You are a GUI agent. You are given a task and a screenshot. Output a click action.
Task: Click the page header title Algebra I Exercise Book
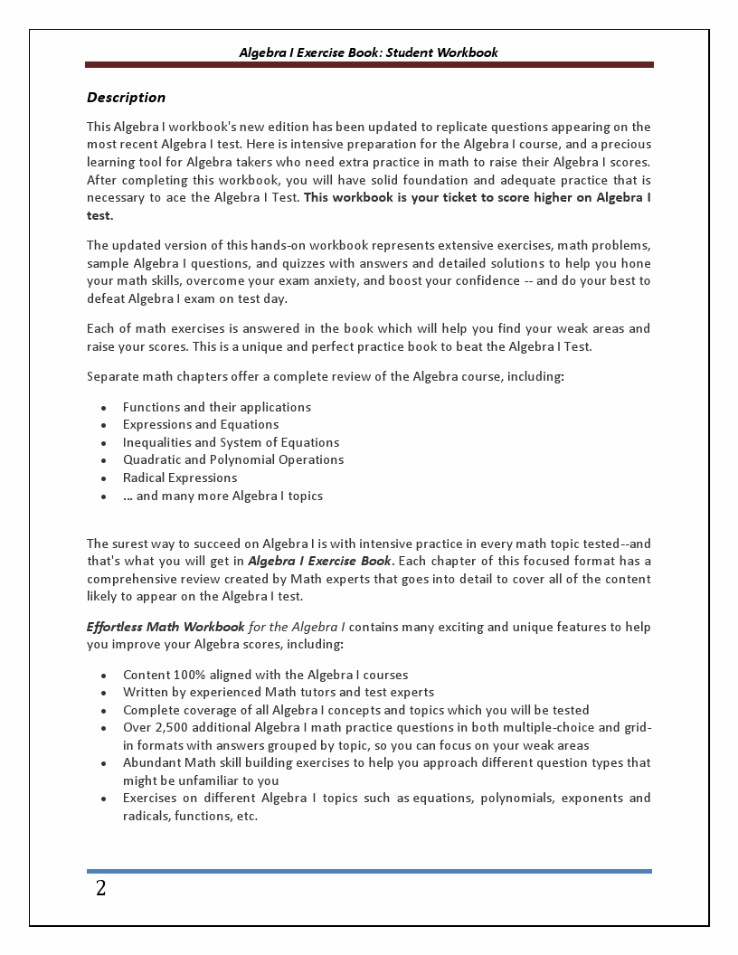pos(368,52)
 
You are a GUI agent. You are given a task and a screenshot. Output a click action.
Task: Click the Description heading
pos(126,98)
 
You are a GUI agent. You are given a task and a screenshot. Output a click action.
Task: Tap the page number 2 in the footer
pos(100,888)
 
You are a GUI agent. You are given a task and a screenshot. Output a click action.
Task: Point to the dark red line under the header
pos(369,65)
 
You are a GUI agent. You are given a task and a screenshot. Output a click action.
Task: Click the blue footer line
pos(369,871)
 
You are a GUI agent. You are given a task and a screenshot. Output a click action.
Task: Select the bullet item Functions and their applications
pos(217,407)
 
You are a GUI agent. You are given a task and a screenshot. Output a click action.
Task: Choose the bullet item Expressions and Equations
pos(201,424)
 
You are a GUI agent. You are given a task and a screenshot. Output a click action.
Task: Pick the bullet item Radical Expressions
pos(180,477)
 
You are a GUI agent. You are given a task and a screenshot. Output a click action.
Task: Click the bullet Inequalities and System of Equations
pos(231,442)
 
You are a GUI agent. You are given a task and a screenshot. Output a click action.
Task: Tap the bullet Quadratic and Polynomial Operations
pos(233,459)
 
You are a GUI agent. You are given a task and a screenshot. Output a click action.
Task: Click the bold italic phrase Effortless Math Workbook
pos(166,627)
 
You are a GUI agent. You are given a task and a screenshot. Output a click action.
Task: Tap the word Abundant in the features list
pos(151,762)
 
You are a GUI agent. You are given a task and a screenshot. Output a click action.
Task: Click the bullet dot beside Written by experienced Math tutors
pos(104,694)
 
